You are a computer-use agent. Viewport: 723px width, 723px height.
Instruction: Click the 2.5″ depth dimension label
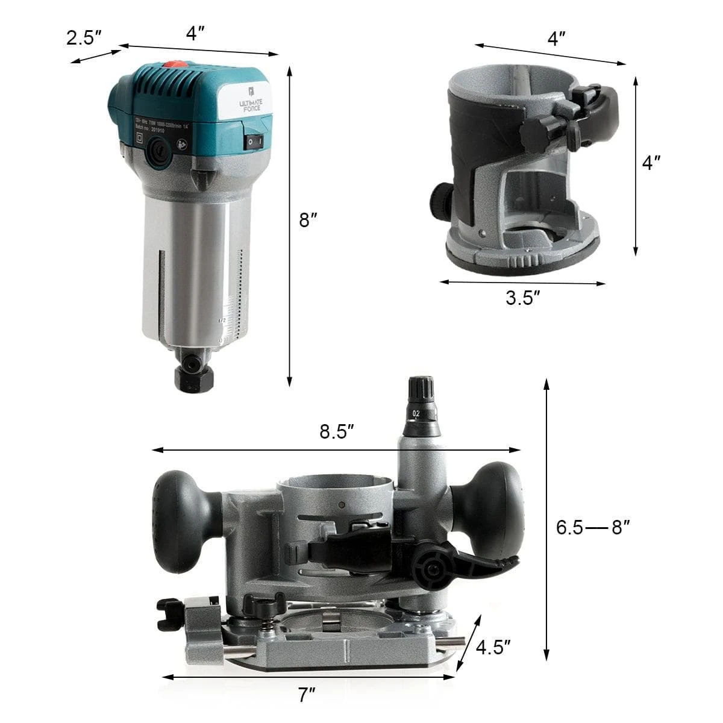click(84, 39)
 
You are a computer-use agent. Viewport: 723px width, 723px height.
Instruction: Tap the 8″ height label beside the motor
click(308, 221)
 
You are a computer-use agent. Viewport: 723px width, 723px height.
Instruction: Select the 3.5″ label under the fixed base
click(522, 298)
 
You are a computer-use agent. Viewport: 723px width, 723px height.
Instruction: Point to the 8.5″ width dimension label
click(336, 432)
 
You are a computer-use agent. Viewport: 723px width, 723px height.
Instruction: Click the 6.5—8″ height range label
click(593, 528)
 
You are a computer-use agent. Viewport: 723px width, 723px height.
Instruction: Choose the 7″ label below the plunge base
click(307, 695)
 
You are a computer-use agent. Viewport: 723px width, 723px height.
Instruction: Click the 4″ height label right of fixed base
click(651, 162)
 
